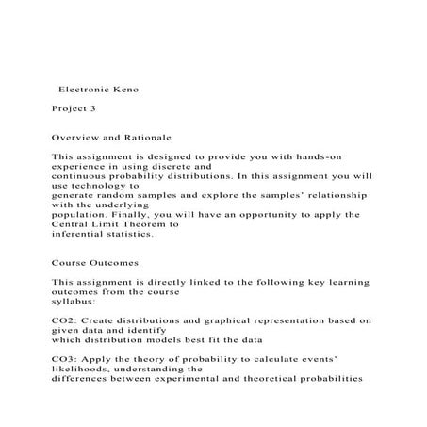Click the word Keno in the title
coord(123,90)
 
